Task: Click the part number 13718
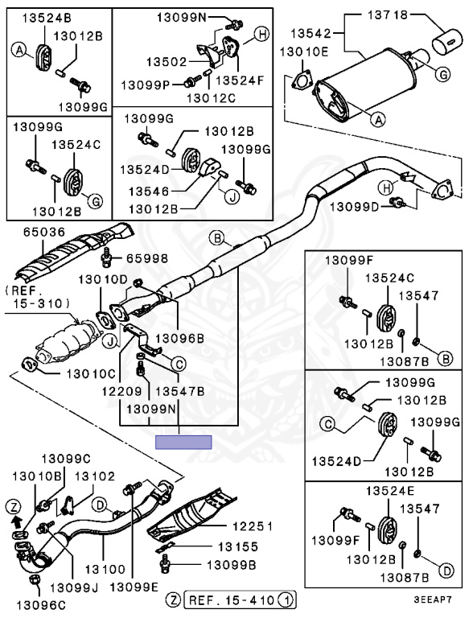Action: pos(388,15)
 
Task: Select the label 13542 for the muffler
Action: pos(311,33)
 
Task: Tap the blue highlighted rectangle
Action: pos(183,443)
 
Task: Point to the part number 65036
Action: pos(43,232)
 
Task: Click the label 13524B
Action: pos(47,18)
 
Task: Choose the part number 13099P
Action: pos(145,84)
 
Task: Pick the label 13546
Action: pos(149,192)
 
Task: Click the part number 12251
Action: pos(253,525)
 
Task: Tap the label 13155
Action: pos(238,546)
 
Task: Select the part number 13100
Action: pos(105,569)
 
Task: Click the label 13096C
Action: pos(41,604)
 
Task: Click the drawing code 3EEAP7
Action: pos(433,599)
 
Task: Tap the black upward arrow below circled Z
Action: pos(16,522)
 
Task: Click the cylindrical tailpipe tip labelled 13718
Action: pos(448,40)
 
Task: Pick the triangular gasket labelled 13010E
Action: pos(302,81)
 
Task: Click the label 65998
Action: pos(147,258)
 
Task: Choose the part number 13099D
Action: pos(354,206)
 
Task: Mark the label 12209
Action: pos(121,391)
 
